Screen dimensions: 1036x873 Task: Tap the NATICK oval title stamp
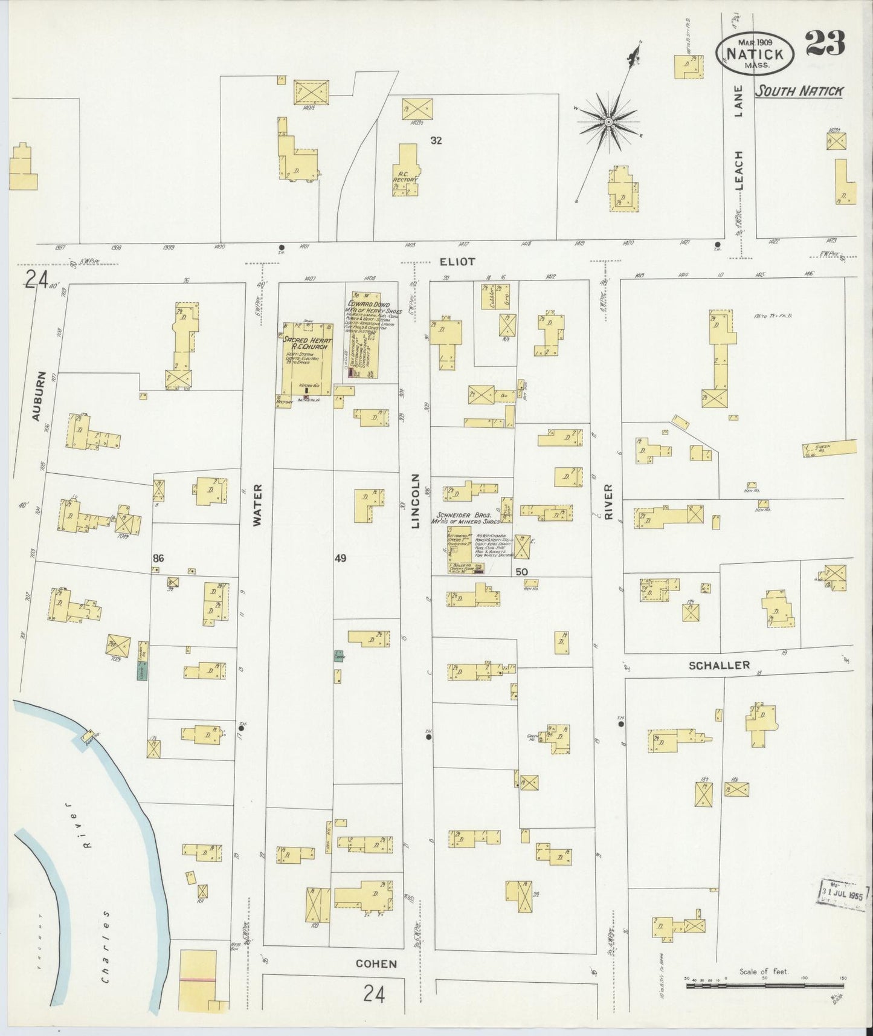[755, 53]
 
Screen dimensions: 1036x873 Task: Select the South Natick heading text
[799, 91]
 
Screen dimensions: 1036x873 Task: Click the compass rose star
[608, 123]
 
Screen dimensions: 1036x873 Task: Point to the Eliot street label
[457, 262]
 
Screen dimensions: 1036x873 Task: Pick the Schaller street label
[719, 665]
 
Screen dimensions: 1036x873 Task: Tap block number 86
[158, 558]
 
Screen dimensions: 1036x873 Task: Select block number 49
[340, 558]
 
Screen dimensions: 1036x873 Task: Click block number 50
[521, 571]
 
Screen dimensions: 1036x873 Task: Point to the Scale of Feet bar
[764, 985]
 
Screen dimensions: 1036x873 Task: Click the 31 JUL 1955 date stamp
[843, 892]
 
